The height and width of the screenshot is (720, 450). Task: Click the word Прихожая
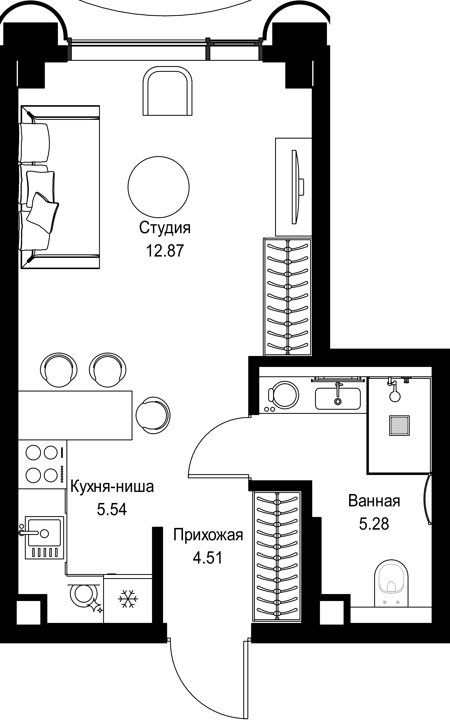click(x=208, y=535)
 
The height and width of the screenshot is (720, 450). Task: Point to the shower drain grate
click(x=399, y=426)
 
